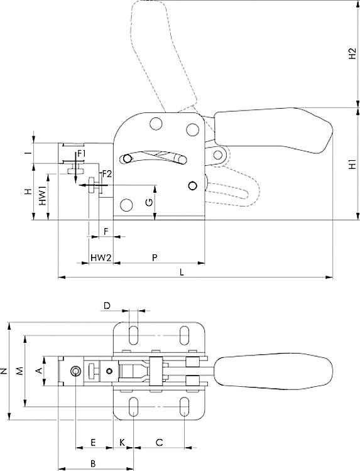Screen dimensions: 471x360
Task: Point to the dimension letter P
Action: pos(155,257)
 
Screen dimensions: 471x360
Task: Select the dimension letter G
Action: pos(148,202)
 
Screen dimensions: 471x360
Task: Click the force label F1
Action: pos(82,153)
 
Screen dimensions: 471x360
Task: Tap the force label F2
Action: pos(107,173)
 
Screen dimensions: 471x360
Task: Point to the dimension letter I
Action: pos(28,153)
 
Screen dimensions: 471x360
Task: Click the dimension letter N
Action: pos(5,371)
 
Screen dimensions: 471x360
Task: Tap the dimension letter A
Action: pos(39,371)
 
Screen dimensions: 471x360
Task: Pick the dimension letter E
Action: pos(93,443)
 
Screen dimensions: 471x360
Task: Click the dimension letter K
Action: pos(122,443)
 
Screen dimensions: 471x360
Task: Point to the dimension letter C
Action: pos(159,443)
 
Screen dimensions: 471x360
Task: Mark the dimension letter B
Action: pos(93,463)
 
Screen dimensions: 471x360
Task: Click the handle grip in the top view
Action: pos(273,371)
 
